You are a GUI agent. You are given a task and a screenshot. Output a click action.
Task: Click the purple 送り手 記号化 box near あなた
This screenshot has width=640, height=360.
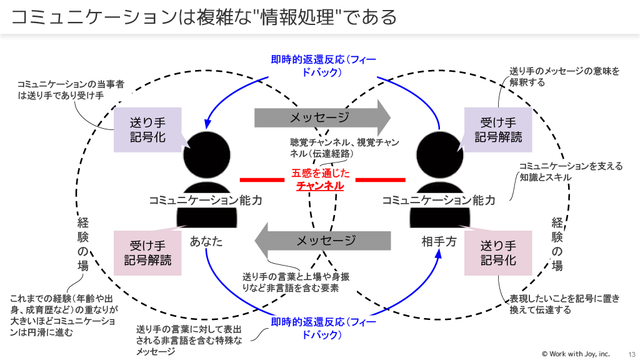[x=147, y=130]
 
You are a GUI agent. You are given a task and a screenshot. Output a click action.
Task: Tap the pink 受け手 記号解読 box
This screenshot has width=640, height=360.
[x=147, y=253]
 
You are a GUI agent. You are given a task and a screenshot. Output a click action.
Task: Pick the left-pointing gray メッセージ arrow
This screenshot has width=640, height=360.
[x=322, y=241]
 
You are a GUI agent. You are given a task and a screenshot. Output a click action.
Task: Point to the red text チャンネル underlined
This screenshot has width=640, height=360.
[x=319, y=186]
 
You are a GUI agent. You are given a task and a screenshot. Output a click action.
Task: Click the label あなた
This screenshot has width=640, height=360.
[x=206, y=241]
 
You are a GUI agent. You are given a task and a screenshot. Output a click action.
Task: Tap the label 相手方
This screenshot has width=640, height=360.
[x=439, y=241]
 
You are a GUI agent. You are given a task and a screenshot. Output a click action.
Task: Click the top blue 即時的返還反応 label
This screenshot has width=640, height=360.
[x=319, y=66]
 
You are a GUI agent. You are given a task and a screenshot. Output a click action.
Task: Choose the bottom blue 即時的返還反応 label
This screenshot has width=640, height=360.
[x=319, y=328]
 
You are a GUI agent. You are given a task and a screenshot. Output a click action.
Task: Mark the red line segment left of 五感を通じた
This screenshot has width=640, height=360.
[x=262, y=180]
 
